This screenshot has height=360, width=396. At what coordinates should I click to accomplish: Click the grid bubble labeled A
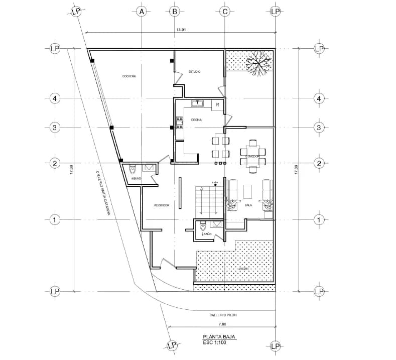(x=142, y=11)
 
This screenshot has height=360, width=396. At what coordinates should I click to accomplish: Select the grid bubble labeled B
(x=175, y=11)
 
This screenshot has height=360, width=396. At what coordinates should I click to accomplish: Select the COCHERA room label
(x=129, y=76)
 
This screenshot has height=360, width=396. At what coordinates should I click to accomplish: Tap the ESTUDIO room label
(x=194, y=72)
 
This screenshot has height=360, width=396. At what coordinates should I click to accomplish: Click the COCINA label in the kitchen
(x=196, y=119)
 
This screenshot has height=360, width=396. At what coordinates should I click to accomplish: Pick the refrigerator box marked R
(x=217, y=104)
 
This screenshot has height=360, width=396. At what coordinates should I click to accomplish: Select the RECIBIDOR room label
(x=161, y=205)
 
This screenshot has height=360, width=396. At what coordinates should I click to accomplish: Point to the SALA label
(x=248, y=205)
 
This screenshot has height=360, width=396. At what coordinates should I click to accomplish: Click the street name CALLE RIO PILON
(x=222, y=315)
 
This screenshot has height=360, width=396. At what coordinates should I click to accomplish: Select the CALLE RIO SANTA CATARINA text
(x=103, y=193)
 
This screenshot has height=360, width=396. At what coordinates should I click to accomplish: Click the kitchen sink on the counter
(x=197, y=104)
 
